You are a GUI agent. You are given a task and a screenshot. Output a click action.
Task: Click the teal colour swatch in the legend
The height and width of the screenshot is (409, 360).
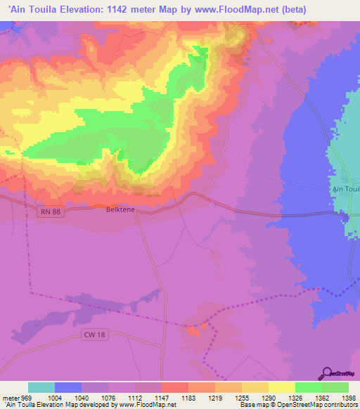point(41,387)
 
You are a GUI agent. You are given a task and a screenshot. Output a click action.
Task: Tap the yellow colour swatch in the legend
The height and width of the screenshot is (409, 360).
point(282,387)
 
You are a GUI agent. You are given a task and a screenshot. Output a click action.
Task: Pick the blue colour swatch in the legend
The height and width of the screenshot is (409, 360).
point(68,387)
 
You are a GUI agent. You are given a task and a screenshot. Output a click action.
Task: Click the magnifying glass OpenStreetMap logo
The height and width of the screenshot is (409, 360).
point(326,372)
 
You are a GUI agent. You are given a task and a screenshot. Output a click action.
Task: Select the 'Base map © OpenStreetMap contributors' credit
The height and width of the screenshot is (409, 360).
point(299,405)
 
